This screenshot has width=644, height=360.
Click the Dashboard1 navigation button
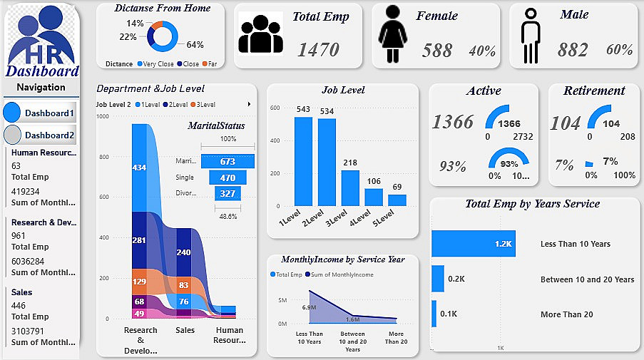40,113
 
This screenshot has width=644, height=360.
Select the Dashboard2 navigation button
40,135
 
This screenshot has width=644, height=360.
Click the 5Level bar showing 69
397,200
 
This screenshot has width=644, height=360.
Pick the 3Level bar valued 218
350,188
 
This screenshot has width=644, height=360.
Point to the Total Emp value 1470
318,49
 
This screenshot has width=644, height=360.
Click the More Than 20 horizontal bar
434,314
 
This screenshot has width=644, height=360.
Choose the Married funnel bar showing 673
228,162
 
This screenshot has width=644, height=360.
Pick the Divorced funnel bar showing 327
228,193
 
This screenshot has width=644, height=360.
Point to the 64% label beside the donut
195,44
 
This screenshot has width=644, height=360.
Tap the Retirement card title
593,91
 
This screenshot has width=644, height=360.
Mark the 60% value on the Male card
619,50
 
